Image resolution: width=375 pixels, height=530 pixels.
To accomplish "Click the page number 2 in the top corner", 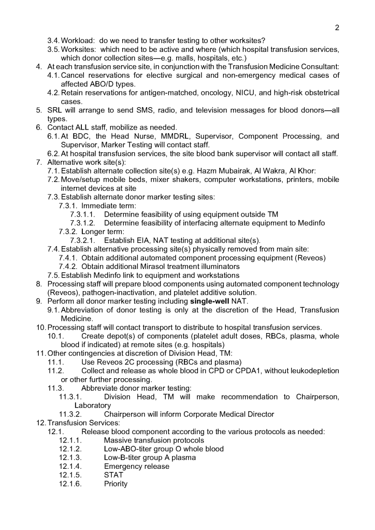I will click(x=337, y=27).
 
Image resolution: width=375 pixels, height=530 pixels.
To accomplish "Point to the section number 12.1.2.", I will click(x=70, y=449).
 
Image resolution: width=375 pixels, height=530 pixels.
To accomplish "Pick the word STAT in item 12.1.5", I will click(x=114, y=475).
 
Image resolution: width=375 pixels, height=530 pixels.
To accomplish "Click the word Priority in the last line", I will click(x=116, y=484).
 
